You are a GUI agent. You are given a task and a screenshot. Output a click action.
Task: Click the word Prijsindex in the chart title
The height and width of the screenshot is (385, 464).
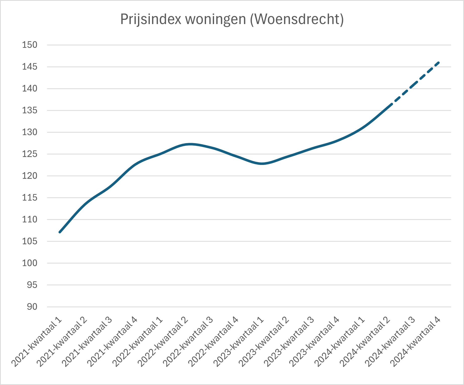(x=151, y=19)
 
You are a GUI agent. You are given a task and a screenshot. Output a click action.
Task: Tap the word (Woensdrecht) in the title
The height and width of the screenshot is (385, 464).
(x=297, y=19)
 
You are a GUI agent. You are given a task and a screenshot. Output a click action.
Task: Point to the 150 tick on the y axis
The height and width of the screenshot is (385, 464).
(x=30, y=45)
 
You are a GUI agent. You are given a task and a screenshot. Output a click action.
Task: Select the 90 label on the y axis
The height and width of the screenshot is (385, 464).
(x=32, y=307)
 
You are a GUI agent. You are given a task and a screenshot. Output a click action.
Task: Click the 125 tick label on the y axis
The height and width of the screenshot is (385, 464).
(x=30, y=154)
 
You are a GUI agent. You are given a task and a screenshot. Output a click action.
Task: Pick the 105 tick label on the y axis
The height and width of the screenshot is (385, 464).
(x=30, y=241)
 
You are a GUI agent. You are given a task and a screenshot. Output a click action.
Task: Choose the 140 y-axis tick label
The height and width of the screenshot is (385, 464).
(x=30, y=89)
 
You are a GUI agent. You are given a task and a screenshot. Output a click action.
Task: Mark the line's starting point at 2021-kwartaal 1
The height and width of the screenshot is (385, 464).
(x=60, y=232)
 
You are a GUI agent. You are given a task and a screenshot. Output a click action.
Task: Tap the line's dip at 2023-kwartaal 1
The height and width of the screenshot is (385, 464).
(x=262, y=164)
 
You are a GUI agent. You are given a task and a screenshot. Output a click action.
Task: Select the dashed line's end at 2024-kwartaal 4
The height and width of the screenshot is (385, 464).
(x=438, y=62)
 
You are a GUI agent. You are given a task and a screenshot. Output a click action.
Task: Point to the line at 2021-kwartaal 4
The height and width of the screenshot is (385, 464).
(x=136, y=164)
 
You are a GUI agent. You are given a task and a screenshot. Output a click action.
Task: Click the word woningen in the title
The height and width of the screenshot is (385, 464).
(x=216, y=19)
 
